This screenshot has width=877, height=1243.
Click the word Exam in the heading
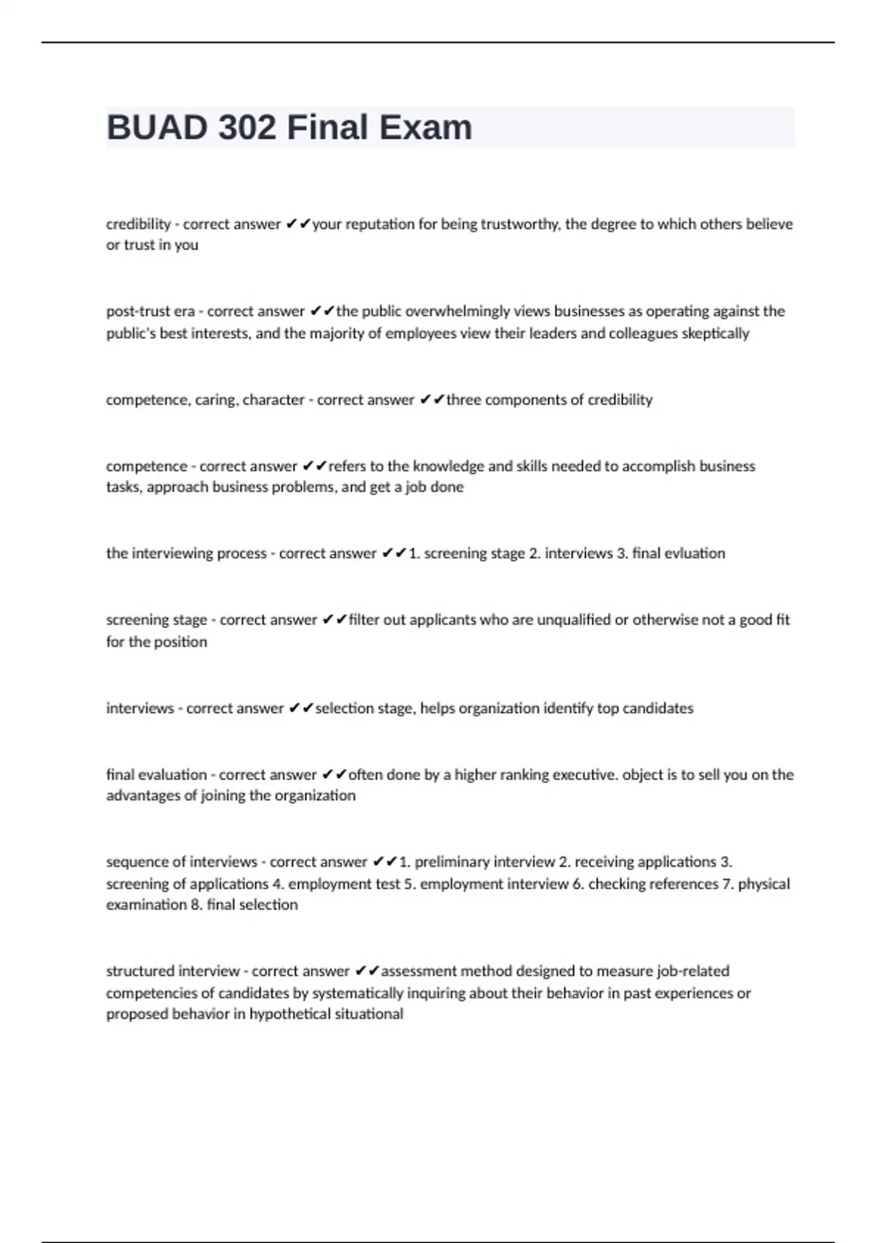(x=425, y=128)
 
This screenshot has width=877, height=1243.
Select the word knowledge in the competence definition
(x=446, y=466)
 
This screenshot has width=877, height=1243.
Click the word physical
(x=764, y=884)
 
